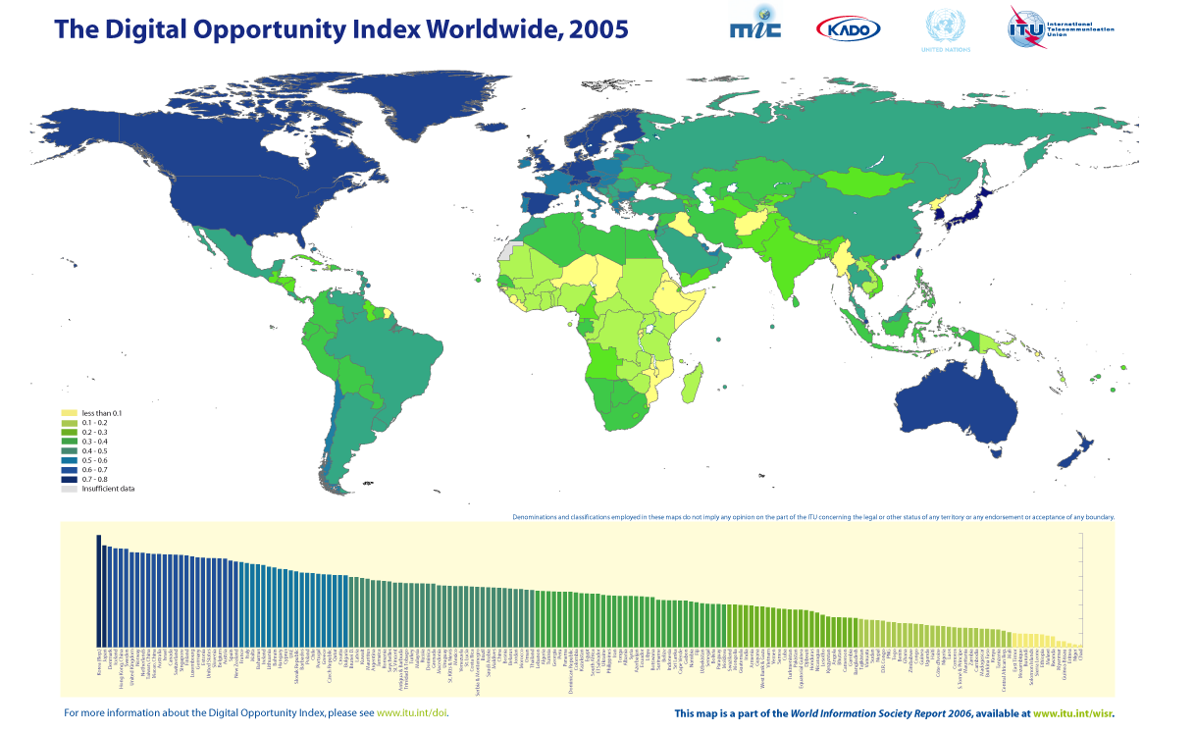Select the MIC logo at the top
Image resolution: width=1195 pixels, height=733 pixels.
tap(755, 25)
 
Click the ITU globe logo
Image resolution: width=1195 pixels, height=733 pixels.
tap(1027, 26)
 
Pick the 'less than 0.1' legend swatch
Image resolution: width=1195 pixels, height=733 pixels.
tap(69, 413)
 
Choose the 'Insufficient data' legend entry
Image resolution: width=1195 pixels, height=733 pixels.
tap(108, 488)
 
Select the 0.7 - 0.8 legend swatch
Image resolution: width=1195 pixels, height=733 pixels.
tap(69, 479)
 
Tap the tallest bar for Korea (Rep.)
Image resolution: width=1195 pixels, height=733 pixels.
tap(98, 589)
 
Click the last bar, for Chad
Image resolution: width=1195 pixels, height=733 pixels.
tap(1081, 645)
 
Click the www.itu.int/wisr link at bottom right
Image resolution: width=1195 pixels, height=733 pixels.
tap(1072, 713)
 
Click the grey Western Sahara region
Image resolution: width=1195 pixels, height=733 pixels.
tap(505, 251)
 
